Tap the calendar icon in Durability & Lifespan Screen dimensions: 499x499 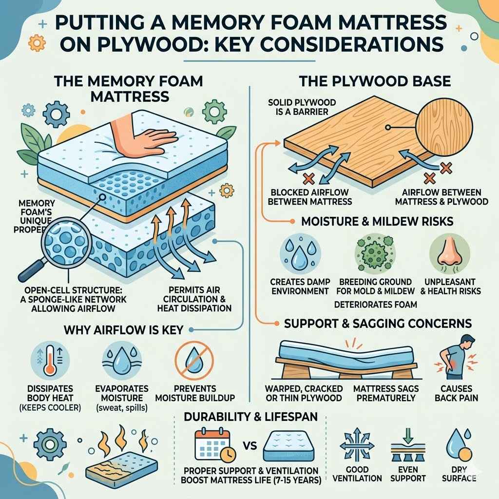210,443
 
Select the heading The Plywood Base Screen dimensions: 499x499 374,81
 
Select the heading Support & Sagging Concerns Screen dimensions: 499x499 377,323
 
